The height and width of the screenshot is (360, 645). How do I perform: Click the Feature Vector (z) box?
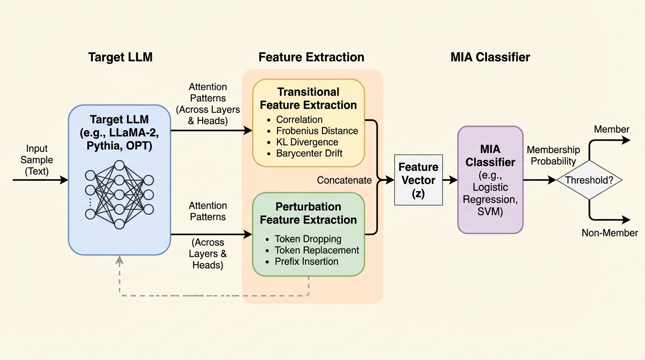click(419, 180)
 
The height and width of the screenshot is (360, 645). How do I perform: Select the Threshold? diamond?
click(589, 180)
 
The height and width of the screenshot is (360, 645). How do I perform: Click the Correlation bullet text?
click(299, 120)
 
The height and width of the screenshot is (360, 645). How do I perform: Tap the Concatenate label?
click(344, 180)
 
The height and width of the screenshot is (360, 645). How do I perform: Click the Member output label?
click(612, 129)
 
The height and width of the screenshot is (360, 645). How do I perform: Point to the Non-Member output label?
click(609, 232)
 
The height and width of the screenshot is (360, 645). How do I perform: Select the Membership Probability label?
click(553, 155)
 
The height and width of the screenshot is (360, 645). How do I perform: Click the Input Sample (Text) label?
click(37, 160)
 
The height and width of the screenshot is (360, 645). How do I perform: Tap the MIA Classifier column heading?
click(490, 57)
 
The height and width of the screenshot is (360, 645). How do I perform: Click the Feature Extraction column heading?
click(311, 57)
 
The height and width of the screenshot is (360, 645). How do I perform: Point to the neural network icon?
click(119, 195)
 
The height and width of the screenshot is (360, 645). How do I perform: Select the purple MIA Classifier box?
click(490, 180)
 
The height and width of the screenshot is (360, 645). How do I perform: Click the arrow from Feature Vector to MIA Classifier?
click(450, 180)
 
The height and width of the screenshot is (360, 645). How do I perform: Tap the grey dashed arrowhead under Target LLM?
click(119, 260)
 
